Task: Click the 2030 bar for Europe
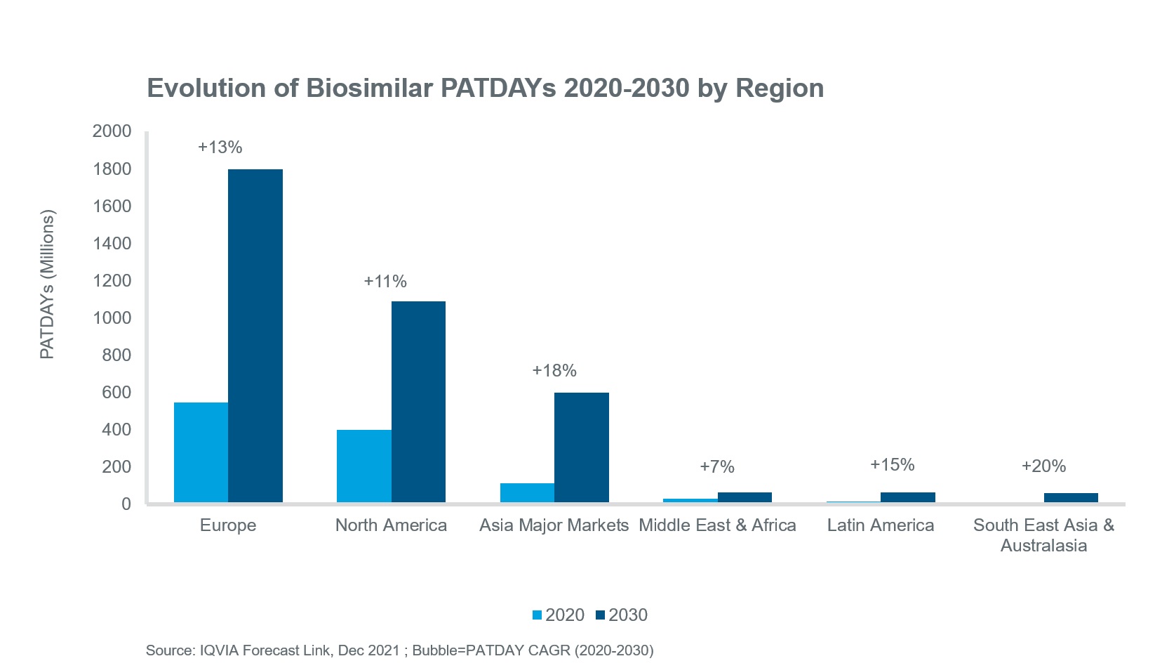[255, 336]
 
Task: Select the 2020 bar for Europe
[201, 452]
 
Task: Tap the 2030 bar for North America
[418, 402]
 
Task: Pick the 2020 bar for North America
[363, 466]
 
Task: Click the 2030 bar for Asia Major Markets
[581, 447]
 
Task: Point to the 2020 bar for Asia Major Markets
[527, 492]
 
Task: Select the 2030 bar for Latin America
[907, 497]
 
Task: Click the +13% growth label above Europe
[220, 148]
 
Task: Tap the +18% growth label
[554, 371]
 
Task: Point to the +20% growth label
[1043, 466]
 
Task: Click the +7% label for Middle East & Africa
[717, 467]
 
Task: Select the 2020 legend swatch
[538, 615]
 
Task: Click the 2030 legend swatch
[600, 615]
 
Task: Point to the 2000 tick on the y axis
[112, 131]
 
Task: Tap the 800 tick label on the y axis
[116, 355]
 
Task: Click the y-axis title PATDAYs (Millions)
[47, 284]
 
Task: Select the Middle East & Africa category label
[717, 525]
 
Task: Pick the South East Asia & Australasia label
[1043, 535]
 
